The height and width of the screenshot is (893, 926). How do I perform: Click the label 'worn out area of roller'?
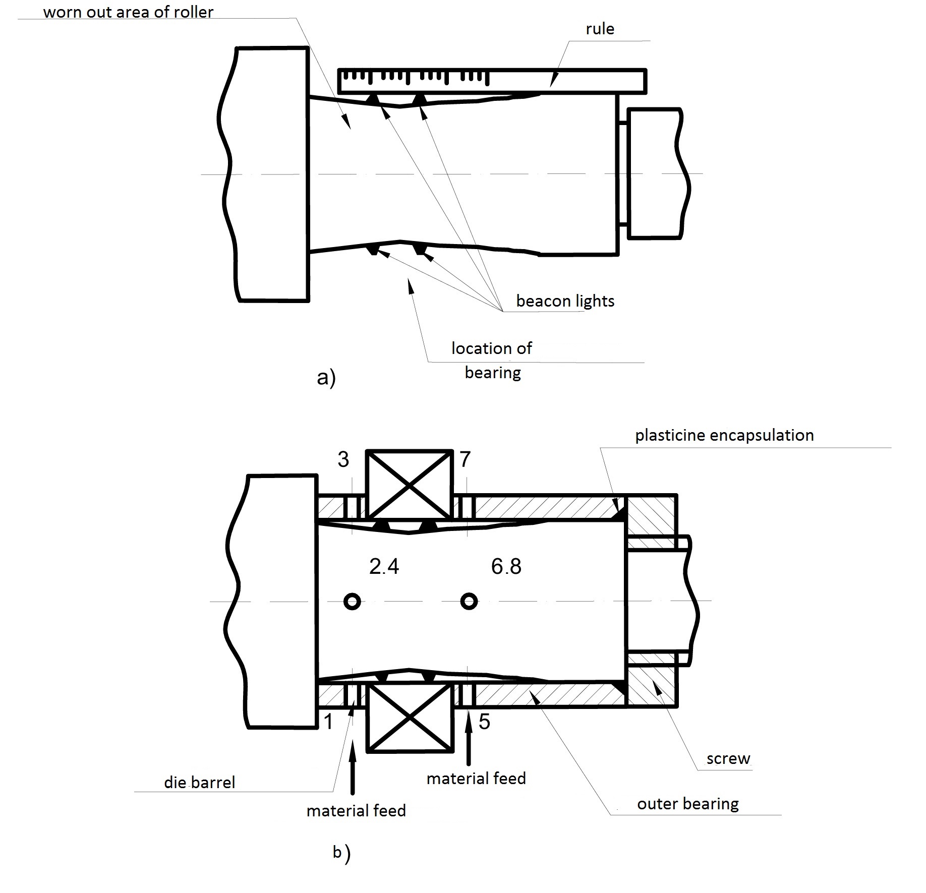tap(128, 12)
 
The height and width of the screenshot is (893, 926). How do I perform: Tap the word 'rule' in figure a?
tap(600, 29)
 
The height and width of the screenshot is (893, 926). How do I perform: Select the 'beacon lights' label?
tap(565, 301)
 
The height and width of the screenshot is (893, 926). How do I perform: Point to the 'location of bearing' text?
tap(492, 361)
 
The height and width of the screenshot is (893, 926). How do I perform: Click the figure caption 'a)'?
tap(326, 378)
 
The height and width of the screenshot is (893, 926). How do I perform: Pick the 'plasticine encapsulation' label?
tap(724, 436)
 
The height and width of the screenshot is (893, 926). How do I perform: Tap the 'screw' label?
tap(728, 759)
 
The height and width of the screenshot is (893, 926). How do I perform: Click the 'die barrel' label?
tap(200, 783)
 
